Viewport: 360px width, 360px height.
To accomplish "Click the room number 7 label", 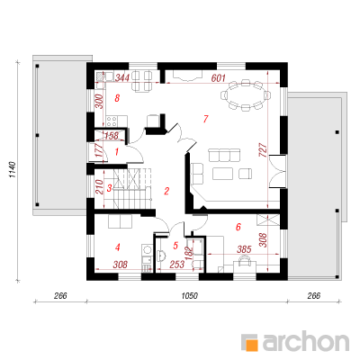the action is tap(205, 119).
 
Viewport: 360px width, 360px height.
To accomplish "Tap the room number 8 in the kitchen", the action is tap(117, 98).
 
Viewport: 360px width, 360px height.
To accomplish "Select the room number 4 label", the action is tap(117, 247).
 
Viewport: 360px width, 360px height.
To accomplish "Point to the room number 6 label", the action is tap(238, 227).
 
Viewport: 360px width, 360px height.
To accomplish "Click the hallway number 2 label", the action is tap(166, 191).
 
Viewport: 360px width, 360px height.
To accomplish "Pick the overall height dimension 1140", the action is tap(12, 170).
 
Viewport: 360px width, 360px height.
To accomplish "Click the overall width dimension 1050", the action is tap(189, 296).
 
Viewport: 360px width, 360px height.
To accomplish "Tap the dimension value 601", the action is tap(218, 78).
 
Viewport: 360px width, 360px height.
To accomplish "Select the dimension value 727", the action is tap(262, 150).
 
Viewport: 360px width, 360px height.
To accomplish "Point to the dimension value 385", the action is tap(244, 249).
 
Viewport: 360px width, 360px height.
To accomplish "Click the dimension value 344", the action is tap(122, 78).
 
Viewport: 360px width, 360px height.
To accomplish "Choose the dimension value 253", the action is tap(177, 265).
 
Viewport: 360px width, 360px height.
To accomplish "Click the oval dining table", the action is tap(246, 95).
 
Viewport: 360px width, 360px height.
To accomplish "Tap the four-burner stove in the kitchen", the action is tap(112, 121).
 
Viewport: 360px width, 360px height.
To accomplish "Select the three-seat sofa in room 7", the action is tap(225, 155).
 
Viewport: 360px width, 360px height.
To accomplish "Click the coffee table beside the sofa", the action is tap(223, 174).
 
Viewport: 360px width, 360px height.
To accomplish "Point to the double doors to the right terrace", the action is tap(277, 171).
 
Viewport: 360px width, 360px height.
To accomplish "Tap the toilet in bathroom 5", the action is tap(160, 255).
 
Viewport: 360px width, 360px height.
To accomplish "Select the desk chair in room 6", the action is tap(246, 260).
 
